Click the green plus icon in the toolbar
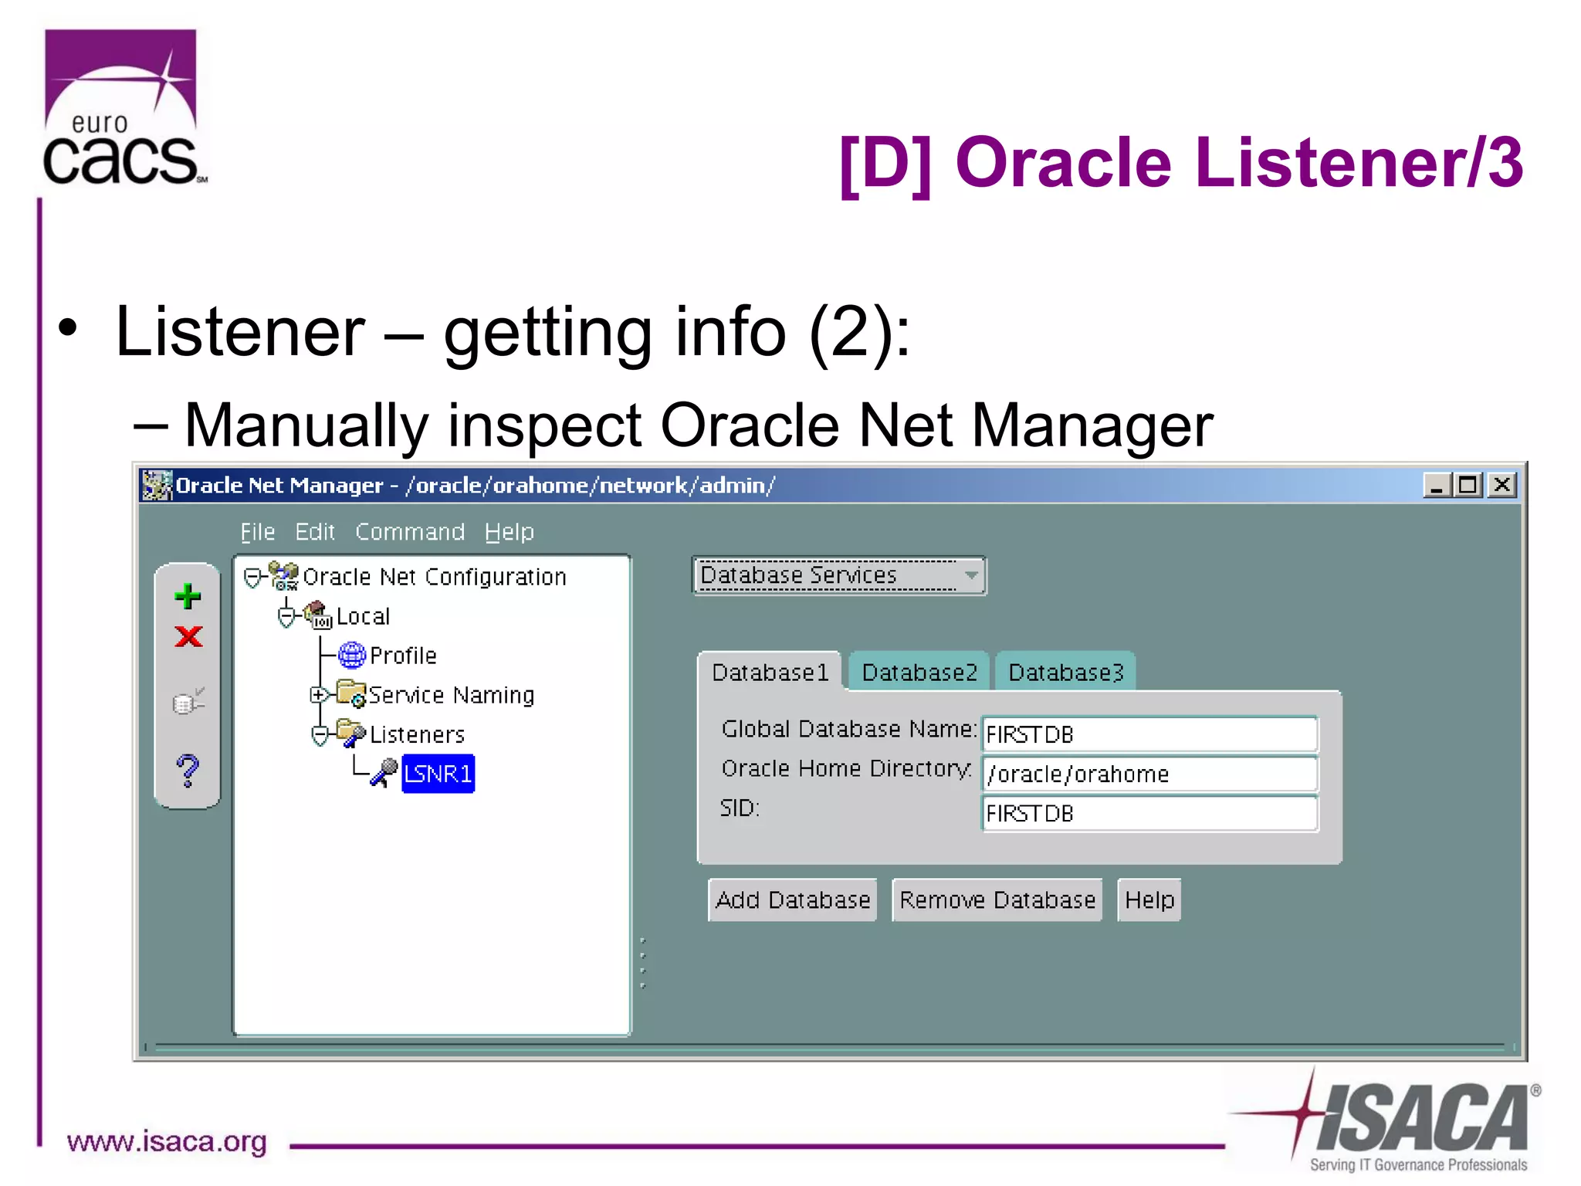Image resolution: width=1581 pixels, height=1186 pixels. tap(188, 596)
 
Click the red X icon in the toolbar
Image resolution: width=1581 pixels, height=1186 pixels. tap(188, 637)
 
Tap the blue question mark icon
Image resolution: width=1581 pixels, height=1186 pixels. tap(188, 771)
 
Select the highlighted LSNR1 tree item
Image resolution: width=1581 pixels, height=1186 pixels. tap(438, 774)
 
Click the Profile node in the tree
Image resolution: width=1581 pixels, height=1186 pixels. tap(402, 656)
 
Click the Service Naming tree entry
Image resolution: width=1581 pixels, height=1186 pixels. tap(451, 695)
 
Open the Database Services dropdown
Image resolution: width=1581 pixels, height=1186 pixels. tap(838, 576)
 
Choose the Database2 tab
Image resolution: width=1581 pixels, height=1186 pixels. tap(919, 673)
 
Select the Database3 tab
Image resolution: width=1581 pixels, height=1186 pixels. tap(1065, 673)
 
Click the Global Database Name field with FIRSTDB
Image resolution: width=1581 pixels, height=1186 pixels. tap(1149, 734)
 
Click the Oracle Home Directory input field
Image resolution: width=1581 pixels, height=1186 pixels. tap(1149, 774)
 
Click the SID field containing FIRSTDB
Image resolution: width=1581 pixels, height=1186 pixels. tap(1149, 813)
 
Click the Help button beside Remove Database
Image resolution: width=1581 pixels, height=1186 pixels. tap(1149, 900)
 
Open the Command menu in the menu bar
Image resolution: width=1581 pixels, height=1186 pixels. tap(409, 532)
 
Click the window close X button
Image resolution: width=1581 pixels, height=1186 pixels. tap(1502, 485)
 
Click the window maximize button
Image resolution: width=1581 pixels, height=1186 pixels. tap(1468, 485)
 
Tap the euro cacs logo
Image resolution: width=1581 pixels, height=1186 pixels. tap(122, 108)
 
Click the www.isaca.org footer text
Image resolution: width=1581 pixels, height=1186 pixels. tap(167, 1141)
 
